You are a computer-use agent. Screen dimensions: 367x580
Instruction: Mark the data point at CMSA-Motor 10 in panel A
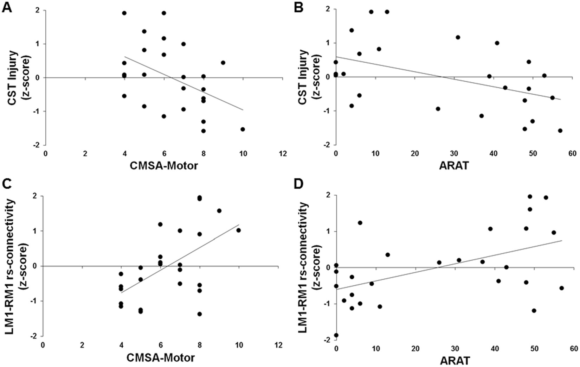point(243,129)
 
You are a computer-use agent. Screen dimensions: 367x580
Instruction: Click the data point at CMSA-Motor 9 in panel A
point(223,63)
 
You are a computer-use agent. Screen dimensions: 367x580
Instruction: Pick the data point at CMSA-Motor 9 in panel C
point(219,211)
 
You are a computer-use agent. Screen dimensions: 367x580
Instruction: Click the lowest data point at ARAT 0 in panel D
point(336,335)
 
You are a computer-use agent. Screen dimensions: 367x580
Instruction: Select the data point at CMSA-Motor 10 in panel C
point(239,230)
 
